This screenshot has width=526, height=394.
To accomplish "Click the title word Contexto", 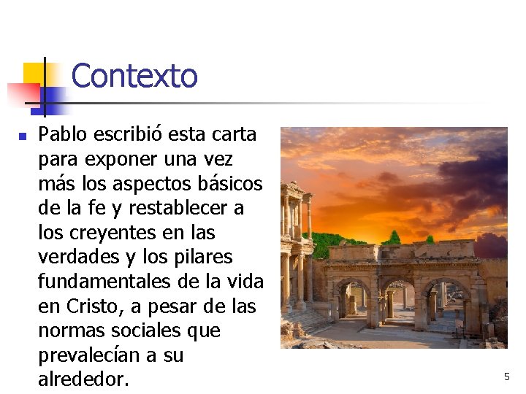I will point(134,76).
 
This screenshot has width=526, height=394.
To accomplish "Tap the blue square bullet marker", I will point(23,136).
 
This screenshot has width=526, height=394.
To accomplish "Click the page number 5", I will point(506,376).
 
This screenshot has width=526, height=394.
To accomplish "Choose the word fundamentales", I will point(110,282).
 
